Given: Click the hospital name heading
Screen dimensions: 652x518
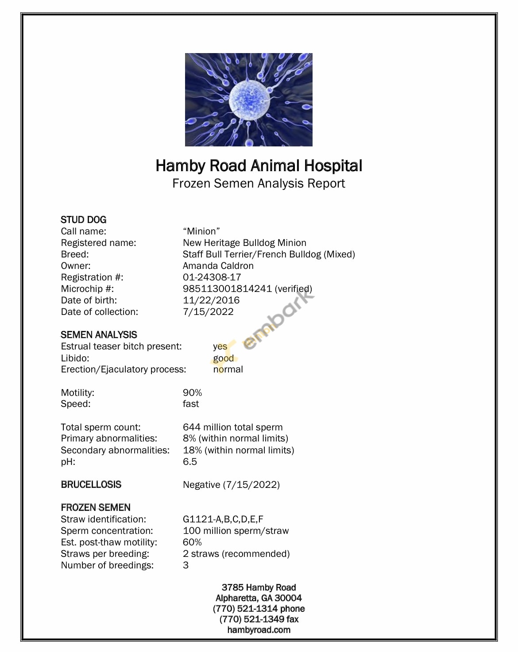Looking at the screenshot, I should click(259, 166).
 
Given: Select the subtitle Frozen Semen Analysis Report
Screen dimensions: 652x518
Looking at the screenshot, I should click(259, 184).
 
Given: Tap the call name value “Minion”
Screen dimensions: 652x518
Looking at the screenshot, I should click(201, 231).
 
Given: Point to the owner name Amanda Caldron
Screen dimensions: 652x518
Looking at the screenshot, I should click(218, 266).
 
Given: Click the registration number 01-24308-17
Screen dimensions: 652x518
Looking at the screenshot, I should click(212, 277).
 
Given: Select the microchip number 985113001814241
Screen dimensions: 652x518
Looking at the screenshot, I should click(227, 289).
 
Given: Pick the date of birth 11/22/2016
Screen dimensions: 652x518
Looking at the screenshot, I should click(211, 300).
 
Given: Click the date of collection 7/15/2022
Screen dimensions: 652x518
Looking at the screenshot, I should click(208, 312).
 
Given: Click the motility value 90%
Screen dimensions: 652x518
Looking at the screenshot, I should click(192, 393).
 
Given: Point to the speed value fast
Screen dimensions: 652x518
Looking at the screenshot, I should click(191, 404).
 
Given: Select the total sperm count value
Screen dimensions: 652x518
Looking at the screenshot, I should click(232, 427).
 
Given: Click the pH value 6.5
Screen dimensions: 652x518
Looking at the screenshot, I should click(190, 462).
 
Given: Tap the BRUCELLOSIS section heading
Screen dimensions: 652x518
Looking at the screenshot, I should click(91, 484).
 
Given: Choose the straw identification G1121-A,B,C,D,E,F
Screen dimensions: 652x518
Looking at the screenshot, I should click(223, 519).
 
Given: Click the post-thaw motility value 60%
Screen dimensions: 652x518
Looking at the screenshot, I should click(192, 542).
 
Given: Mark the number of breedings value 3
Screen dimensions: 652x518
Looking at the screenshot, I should click(186, 565).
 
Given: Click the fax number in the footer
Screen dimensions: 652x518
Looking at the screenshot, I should click(259, 619).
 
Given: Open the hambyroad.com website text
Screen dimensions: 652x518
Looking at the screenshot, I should click(259, 630).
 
